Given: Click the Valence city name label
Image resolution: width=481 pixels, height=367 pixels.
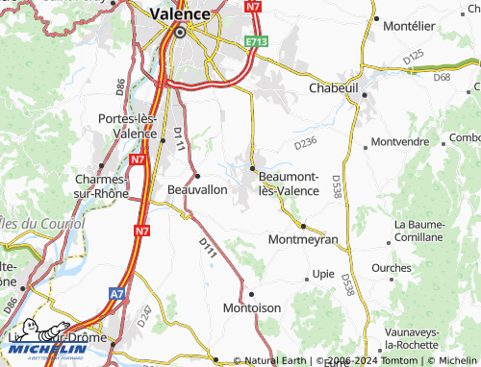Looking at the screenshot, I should point(180,13).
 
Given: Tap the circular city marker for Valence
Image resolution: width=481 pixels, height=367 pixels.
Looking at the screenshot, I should point(180,32).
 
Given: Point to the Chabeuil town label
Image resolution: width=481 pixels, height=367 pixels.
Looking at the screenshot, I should point(334,87).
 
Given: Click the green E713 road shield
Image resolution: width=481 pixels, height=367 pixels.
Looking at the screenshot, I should point(256,42).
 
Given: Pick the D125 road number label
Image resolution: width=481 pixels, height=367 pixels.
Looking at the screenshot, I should point(414,59).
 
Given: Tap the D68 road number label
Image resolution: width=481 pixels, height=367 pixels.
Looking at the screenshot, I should point(443,77).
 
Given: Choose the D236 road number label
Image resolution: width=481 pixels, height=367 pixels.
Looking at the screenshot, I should point(305,143).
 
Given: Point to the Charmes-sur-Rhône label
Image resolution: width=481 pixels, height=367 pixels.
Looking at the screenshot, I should point(100,185).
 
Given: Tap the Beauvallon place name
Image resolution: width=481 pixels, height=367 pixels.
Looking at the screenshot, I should point(197,189).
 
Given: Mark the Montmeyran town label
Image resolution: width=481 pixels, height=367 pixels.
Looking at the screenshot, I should point(303,238).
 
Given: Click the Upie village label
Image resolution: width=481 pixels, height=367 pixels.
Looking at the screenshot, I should point(324,275).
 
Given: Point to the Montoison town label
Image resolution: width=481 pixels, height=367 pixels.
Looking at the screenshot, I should point(251,307).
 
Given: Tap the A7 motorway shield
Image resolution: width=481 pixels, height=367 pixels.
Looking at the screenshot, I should point(116,293).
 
